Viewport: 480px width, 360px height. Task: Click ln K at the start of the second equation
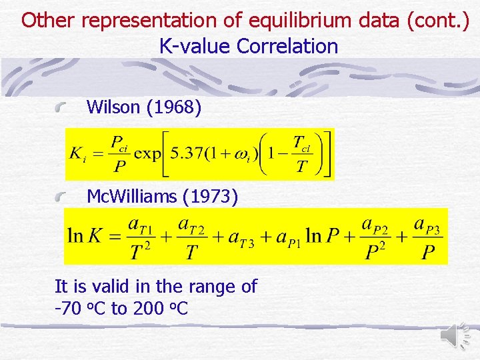click(85, 236)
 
